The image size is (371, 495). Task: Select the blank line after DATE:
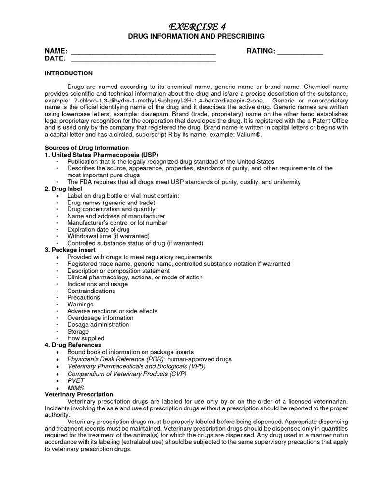point(143,59)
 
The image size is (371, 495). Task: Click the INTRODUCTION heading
point(69,73)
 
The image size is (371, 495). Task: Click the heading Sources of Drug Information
point(87,147)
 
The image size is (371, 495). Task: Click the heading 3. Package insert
point(70,250)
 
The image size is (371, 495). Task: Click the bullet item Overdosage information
point(100,318)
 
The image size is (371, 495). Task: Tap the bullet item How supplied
point(86,338)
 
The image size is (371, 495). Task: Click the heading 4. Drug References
point(73,345)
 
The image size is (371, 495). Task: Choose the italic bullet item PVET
point(76,380)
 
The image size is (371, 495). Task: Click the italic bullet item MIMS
point(75,388)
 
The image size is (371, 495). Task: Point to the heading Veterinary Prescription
point(79,394)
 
